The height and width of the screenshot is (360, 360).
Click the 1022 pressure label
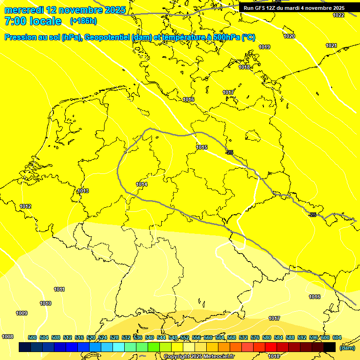(338, 15)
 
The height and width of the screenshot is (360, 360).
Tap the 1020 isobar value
(289, 36)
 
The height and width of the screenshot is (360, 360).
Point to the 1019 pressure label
(264, 47)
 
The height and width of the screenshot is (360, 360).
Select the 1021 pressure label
(331, 45)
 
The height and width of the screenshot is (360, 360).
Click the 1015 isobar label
(202, 147)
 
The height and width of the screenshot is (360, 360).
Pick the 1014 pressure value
(142, 184)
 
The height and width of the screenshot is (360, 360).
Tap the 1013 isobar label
(83, 191)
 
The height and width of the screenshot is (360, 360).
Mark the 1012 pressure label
(25, 206)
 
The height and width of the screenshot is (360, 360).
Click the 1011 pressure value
(59, 289)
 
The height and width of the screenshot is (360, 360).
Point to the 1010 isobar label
(45, 303)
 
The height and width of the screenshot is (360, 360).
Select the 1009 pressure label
(22, 313)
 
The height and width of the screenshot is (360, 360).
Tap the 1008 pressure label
(7, 337)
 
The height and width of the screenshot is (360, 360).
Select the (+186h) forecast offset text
(83, 21)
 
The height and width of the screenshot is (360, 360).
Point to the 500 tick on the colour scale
(32, 337)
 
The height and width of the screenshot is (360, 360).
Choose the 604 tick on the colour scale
(337, 337)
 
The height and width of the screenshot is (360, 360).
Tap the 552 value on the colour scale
(185, 337)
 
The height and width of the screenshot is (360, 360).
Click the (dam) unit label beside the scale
(346, 347)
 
